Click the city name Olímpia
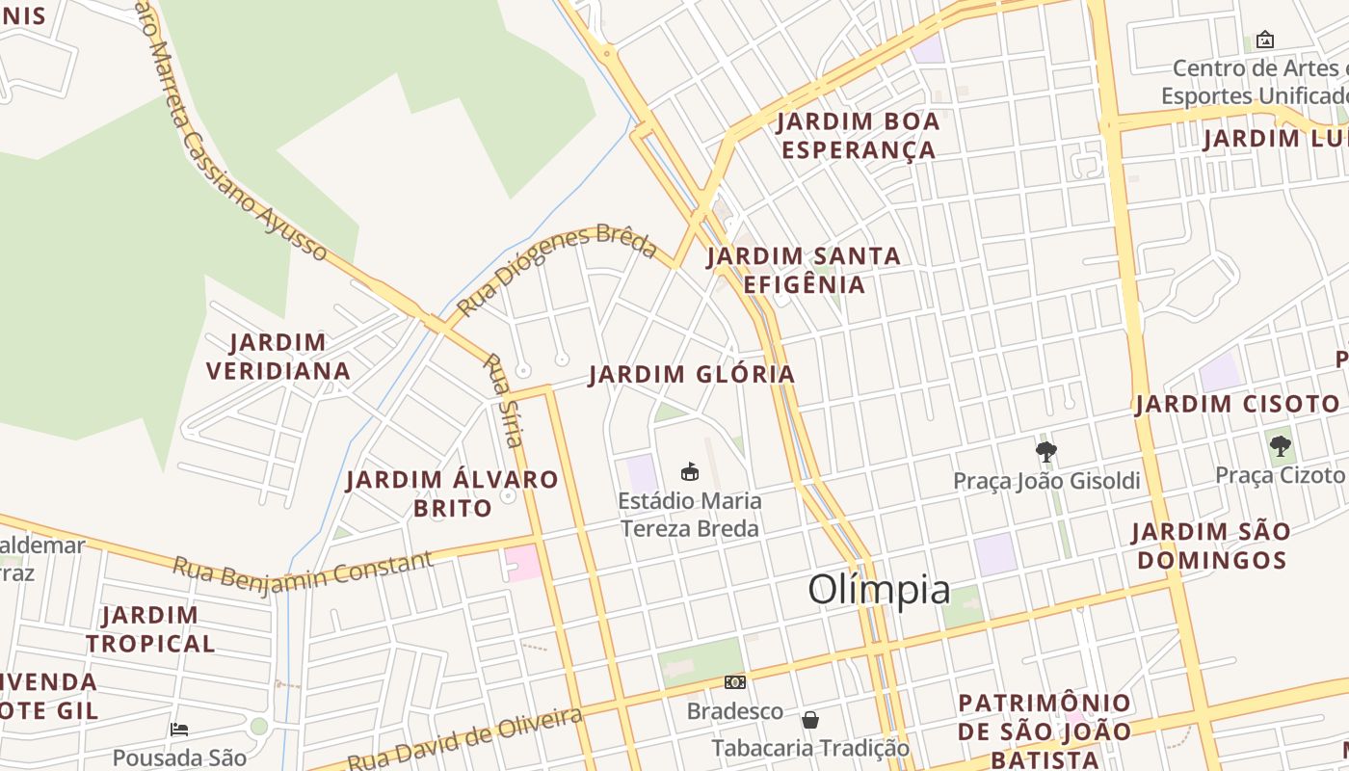tap(879, 589)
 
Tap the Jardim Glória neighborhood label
tap(692, 374)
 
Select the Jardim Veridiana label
tap(278, 357)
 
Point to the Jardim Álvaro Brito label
tap(452, 492)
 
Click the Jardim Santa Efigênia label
tap(804, 270)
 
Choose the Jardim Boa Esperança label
tap(858, 136)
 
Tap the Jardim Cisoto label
tap(1237, 404)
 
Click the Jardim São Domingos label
tap(1210, 545)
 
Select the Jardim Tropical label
tap(150, 628)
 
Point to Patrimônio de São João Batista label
tap(1045, 731)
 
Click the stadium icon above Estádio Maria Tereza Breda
tap(689, 471)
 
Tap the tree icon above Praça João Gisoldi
tap(1045, 451)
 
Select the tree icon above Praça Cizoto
tap(1280, 445)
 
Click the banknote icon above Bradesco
tap(735, 682)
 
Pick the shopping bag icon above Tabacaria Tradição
tap(810, 719)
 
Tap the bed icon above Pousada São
tap(179, 729)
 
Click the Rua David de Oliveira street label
tap(465, 740)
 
